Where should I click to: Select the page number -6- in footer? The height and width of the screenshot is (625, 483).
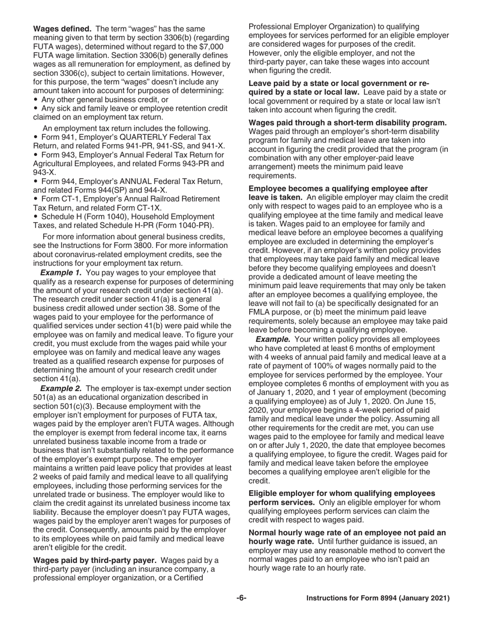click(x=241, y=598)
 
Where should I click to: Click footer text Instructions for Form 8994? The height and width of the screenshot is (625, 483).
click(x=378, y=599)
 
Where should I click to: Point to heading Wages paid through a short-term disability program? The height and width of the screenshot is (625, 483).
click(x=348, y=122)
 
